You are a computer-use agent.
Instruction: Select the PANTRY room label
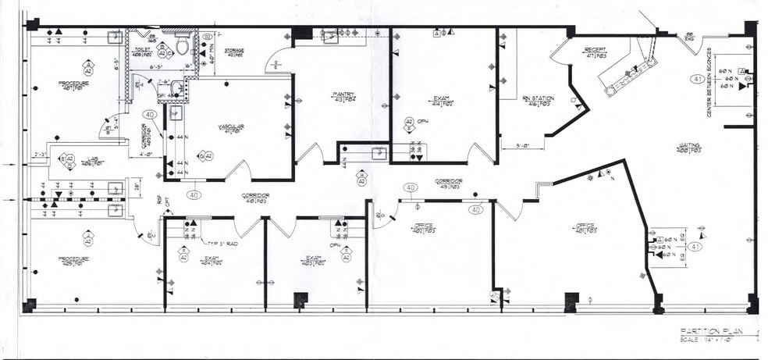(343, 97)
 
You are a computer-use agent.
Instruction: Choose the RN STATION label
(537, 99)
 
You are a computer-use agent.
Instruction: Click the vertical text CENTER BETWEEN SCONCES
(709, 88)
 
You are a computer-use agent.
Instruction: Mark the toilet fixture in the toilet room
(183, 46)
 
